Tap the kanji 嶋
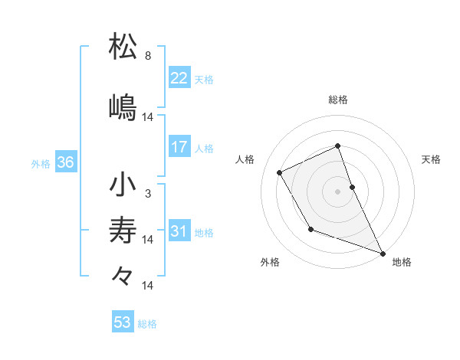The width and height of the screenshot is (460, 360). coord(123,106)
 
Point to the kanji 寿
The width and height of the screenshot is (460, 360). coord(123,230)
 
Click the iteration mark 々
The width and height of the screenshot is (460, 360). coord(123,275)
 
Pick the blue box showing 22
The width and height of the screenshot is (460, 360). coord(179,78)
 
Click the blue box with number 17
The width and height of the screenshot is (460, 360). coord(179,147)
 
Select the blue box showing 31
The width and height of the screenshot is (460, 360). coord(179,231)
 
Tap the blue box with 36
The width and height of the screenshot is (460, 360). coord(65,162)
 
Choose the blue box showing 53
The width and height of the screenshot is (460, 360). coord(123,322)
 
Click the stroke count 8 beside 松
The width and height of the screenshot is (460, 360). coord(148,56)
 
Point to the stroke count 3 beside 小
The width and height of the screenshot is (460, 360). coord(148,194)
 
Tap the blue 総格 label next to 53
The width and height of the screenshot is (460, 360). coord(147,324)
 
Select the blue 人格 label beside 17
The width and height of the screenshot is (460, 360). coord(203,149)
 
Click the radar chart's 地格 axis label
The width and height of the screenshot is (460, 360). coord(402,263)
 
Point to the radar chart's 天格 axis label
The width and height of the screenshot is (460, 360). coord(431,159)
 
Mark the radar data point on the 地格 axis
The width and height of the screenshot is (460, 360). coord(383,254)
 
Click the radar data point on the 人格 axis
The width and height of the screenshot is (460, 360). coord(280,172)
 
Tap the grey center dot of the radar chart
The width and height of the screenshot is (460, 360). coord(338,191)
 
